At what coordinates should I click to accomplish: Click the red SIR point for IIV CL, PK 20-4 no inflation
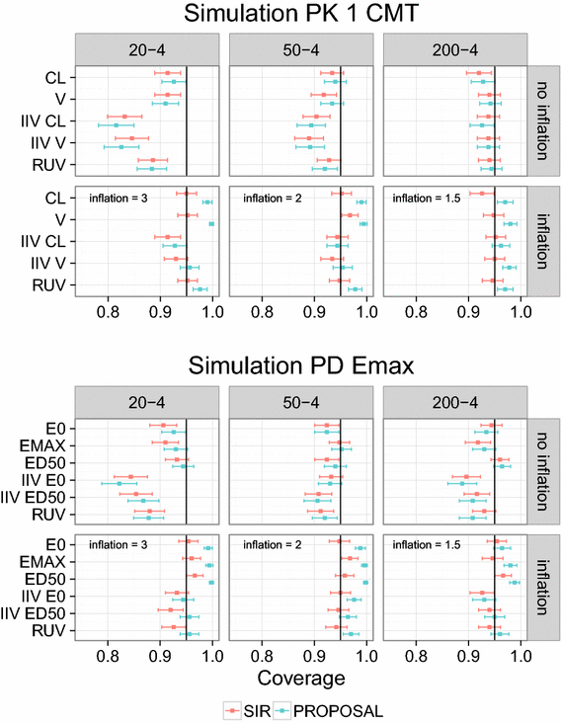point(124,117)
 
